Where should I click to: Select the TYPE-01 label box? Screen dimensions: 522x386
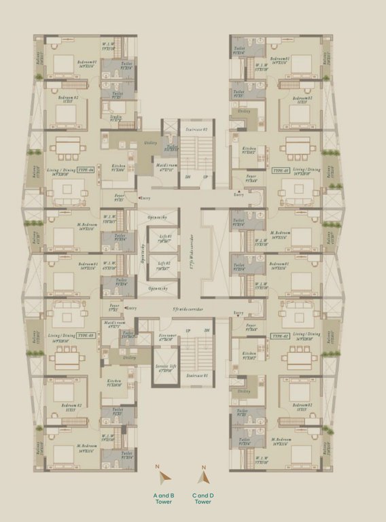tap(281, 170)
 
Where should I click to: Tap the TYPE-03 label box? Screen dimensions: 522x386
tap(84, 336)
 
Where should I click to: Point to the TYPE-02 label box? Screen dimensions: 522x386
tap(281, 336)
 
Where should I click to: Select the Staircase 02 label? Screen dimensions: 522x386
tap(196, 129)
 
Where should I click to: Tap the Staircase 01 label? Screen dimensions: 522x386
tap(196, 375)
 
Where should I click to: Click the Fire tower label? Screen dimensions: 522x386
tap(167, 336)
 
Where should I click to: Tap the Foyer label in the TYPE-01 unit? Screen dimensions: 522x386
tap(251, 181)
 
